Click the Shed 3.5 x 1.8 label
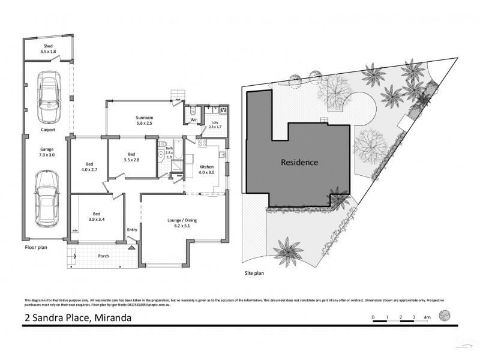click(x=48, y=49)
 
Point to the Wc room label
click(x=194, y=120)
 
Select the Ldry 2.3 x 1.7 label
click(x=214, y=125)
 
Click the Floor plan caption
click(x=35, y=247)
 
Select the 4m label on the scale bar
click(x=427, y=316)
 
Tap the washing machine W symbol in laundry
click(x=223, y=110)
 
